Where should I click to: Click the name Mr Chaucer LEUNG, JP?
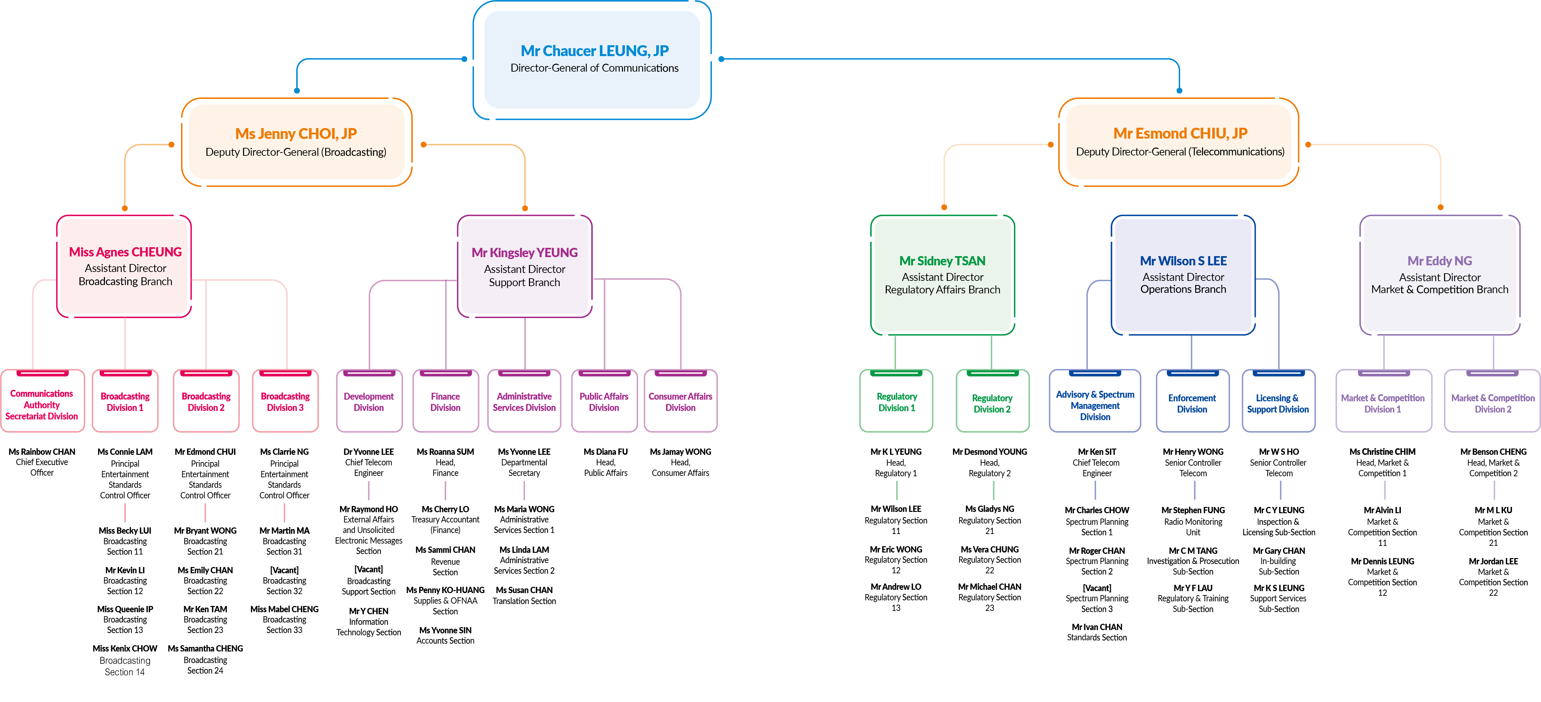594,51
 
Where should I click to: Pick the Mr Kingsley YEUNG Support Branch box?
525,267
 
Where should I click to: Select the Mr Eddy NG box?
1439,275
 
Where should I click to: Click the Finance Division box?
445,402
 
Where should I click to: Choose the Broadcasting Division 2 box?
206,402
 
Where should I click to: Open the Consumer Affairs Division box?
680,402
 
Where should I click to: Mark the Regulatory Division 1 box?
896,402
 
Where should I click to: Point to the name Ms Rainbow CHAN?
42,452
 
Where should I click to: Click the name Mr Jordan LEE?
1493,561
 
